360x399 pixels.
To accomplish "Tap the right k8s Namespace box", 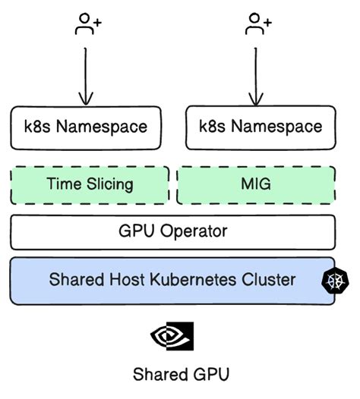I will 260,126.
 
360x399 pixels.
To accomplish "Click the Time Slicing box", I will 90,184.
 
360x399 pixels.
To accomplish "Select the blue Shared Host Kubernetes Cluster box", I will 172,280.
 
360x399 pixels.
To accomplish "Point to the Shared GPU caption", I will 180,374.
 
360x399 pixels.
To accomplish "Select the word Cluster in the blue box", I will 268,280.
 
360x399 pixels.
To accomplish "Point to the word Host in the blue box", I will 130,280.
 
